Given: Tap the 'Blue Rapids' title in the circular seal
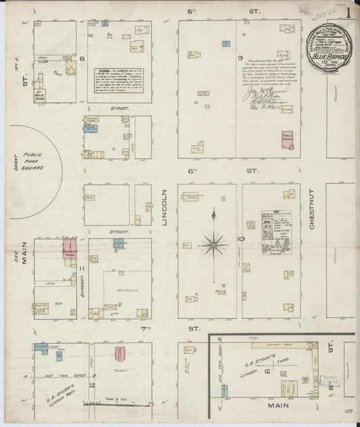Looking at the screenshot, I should [329, 59].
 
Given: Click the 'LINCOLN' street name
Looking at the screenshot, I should [165, 210].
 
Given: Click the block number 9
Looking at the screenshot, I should [239, 58].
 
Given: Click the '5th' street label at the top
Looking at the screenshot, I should [203, 11].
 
